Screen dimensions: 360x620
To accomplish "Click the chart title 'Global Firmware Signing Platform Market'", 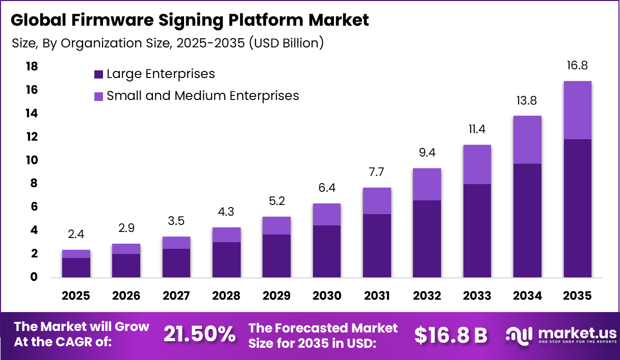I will [189, 20].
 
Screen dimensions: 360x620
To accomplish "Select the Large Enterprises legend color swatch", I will [98, 74].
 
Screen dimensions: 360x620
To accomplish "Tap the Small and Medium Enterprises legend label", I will [202, 96].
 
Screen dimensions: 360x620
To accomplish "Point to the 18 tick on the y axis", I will [32, 67].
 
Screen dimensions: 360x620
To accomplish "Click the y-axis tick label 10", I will [32, 160].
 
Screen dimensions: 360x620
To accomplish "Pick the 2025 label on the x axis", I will [76, 296].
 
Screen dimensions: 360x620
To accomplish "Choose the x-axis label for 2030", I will [326, 296].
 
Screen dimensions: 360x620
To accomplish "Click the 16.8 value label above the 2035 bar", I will [577, 66].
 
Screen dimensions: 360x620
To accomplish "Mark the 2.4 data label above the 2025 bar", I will [76, 235].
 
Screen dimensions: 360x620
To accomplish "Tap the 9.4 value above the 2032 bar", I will [427, 153].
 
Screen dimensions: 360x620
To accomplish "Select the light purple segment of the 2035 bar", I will [577, 110].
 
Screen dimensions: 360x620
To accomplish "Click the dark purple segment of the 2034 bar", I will [527, 220].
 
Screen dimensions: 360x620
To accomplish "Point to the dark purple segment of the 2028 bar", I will [226, 260].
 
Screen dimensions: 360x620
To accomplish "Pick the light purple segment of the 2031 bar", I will [377, 201].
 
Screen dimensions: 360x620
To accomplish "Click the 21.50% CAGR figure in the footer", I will [199, 335].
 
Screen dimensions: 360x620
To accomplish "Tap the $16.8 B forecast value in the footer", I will [450, 335].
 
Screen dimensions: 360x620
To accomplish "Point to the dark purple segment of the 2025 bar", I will [76, 268].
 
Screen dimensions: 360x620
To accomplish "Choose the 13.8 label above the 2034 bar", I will [527, 101].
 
